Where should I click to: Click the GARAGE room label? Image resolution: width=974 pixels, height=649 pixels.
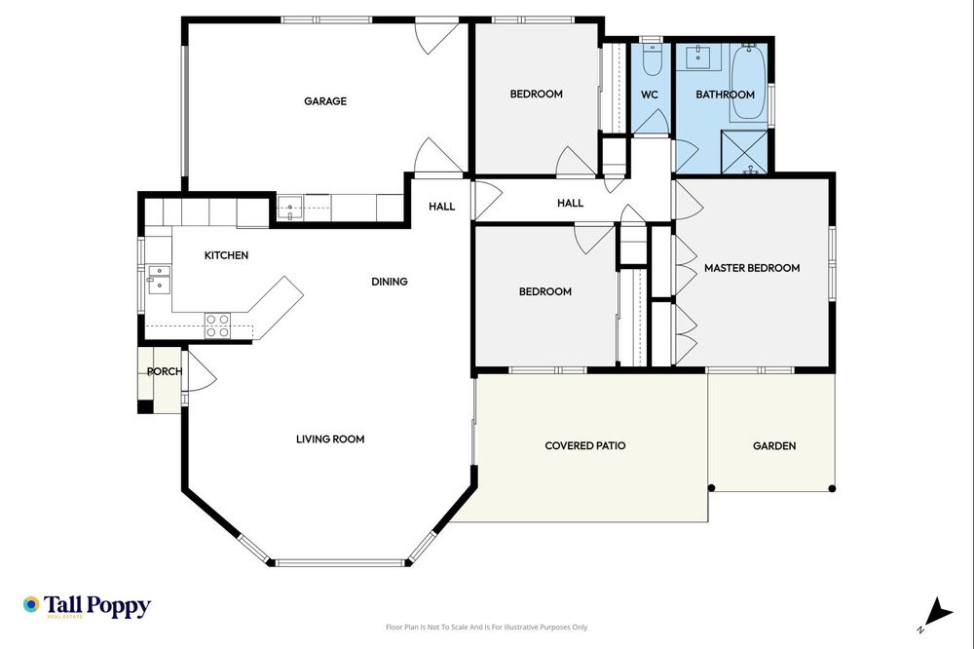[324, 101]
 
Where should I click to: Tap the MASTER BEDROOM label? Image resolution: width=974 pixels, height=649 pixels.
[751, 268]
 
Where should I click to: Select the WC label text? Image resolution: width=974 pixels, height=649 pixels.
[650, 95]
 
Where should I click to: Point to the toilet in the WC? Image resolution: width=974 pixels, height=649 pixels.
[652, 60]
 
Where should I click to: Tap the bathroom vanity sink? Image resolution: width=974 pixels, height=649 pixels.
[698, 57]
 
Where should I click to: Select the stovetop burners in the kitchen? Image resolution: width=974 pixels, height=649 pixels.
[217, 325]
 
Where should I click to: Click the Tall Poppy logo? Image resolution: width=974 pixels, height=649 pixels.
[87, 606]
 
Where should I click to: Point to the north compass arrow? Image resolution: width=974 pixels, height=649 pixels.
[937, 612]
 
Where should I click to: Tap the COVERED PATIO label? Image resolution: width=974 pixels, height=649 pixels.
[584, 445]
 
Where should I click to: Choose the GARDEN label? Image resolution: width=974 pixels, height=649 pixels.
[774, 446]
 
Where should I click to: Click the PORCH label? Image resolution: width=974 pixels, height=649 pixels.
[165, 372]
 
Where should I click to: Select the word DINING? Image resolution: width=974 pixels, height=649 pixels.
[389, 282]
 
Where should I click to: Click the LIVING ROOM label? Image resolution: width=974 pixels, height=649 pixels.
[330, 439]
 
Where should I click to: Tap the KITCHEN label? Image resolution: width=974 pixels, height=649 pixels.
[226, 255]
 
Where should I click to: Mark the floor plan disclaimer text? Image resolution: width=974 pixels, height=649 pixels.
[486, 628]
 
